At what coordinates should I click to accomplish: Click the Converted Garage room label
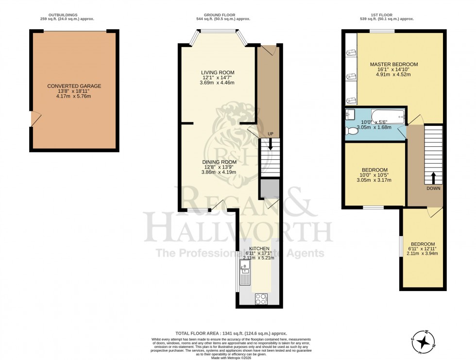coord(74,86)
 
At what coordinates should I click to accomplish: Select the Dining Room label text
coord(220,162)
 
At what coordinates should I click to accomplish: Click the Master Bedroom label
coord(393,64)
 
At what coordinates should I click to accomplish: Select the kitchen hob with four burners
coord(260,299)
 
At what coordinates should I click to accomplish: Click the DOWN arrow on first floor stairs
coord(432,177)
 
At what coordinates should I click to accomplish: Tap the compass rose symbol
coord(425,341)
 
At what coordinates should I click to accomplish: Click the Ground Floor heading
coord(220,15)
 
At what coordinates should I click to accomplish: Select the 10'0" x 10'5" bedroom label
coord(374,171)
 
